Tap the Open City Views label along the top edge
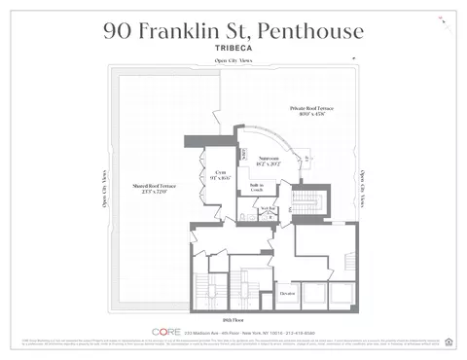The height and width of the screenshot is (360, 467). coord(233,63)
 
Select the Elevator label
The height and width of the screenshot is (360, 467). coord(287,293)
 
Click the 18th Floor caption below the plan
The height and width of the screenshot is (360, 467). coord(233,319)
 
